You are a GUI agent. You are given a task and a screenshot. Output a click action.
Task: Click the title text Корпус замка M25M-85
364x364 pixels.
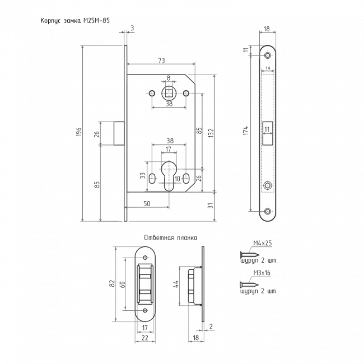tap(75, 21)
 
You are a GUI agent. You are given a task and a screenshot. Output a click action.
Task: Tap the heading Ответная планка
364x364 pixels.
tap(171, 237)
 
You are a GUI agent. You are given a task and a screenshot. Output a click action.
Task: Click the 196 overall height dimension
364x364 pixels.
tap(79, 132)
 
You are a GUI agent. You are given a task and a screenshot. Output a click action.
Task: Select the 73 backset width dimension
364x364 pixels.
tap(162, 60)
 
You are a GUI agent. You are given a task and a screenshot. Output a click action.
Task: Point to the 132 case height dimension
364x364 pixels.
tap(211, 133)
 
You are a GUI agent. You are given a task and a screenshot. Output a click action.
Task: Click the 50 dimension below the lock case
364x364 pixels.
tap(147, 204)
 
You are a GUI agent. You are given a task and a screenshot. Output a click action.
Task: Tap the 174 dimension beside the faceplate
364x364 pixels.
tap(246, 130)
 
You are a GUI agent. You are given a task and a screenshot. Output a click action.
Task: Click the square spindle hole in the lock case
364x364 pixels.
tap(169, 94)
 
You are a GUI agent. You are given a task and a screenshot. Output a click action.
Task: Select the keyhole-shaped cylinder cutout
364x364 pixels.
tap(169, 176)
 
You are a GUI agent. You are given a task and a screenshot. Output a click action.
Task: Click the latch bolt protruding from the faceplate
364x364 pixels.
tap(119, 133)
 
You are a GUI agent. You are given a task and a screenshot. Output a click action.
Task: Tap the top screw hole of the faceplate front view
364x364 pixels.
tap(268, 55)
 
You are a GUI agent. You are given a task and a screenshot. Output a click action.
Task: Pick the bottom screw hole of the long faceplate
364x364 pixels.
tap(268, 211)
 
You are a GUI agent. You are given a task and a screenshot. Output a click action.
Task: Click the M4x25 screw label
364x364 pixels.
tap(262, 243)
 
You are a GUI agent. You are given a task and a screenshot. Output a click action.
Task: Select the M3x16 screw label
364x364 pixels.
tap(262, 273)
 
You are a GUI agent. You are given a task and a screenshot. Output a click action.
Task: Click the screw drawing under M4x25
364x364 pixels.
tap(250, 255)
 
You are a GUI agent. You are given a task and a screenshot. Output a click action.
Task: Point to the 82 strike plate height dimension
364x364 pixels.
tap(113, 283)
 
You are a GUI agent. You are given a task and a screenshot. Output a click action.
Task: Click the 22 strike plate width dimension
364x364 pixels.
tap(145, 338)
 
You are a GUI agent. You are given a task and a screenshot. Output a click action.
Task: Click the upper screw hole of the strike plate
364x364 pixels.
tap(146, 258)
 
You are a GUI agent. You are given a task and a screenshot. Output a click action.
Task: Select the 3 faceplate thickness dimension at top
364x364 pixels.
tap(132, 28)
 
